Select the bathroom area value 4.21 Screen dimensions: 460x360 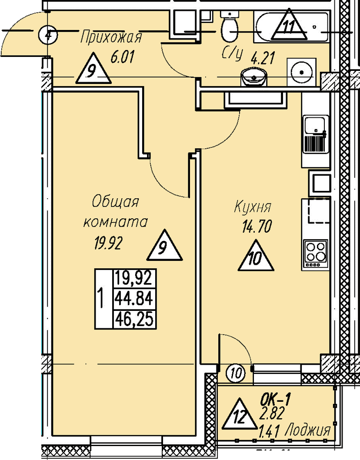coord(263,58)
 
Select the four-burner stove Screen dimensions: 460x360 coord(315,253)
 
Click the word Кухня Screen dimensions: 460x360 coord(253,207)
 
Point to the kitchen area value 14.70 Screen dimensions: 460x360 coord(257,227)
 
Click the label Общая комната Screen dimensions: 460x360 coord(115,212)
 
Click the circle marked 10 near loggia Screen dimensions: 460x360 coord(236,373)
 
